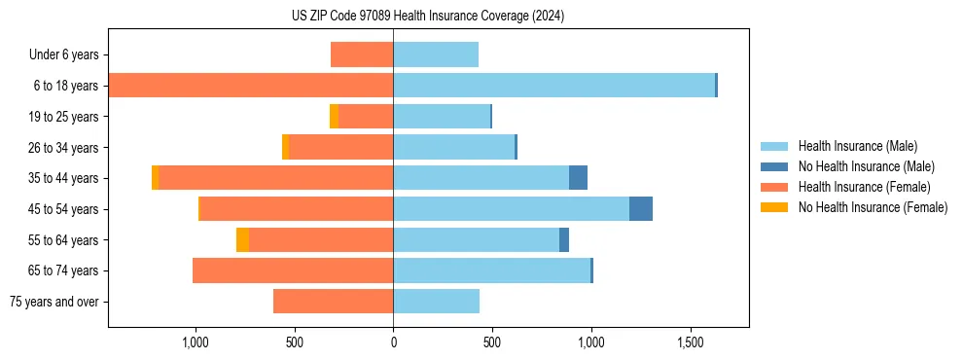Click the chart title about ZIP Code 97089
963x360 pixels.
[x=428, y=17]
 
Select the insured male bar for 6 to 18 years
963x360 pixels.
[x=554, y=86]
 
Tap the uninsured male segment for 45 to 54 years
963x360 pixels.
[x=640, y=209]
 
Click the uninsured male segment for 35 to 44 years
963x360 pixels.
[x=578, y=178]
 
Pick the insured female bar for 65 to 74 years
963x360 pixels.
[x=293, y=270]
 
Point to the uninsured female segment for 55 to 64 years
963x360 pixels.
[x=242, y=240]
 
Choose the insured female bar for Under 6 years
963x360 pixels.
[x=362, y=54]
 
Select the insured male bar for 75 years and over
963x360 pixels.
[x=436, y=302]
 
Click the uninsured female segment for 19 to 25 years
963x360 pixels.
[x=334, y=117]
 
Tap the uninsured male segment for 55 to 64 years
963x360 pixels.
[x=564, y=240]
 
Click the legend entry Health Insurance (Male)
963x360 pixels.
[x=857, y=146]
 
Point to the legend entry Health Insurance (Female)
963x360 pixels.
[x=864, y=187]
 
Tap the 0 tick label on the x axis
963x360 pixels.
[x=393, y=343]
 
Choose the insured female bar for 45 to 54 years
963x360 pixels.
[x=296, y=209]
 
